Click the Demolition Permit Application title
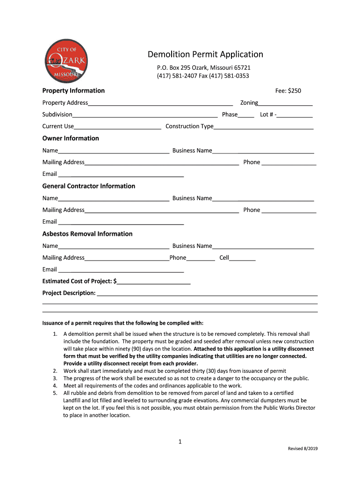pos(205,54)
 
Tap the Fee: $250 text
pos(288,91)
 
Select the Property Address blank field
pos(160,103)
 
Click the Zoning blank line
pos(285,103)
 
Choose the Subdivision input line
pos(145,115)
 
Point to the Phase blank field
pos(246,115)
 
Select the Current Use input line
pos(117,127)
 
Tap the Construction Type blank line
pos(263,127)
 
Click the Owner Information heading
pos(71,138)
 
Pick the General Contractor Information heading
pos(89,186)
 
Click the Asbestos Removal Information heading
pos(87,234)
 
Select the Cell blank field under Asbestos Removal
pos(242,258)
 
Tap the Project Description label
pos(69,293)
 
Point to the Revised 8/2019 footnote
pos(302,449)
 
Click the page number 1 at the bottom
pos(180,441)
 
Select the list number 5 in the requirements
pos(55,393)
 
